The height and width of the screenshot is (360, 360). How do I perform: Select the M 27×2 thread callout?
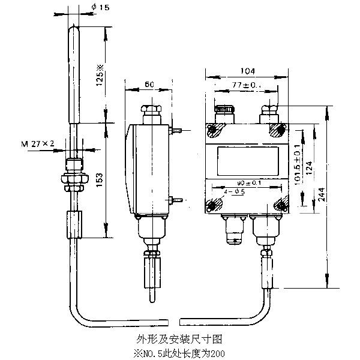coord(38,143)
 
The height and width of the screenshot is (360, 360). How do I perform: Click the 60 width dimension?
coord(148,85)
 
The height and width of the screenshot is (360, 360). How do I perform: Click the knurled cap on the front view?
coord(224,111)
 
